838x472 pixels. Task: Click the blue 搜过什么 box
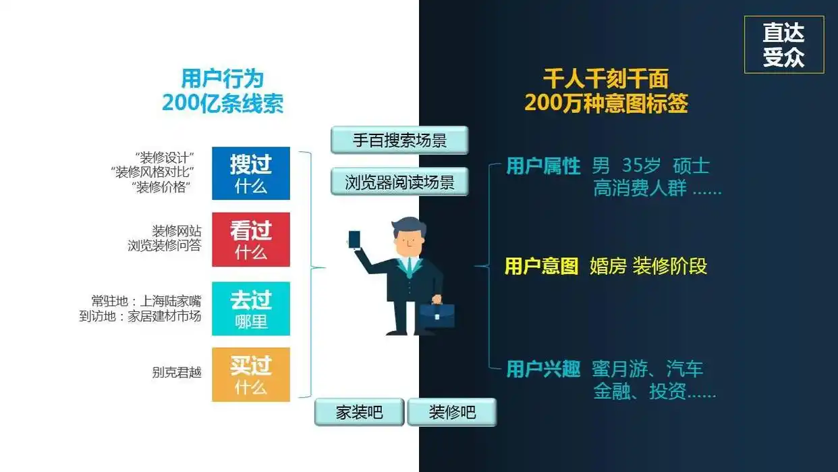click(x=251, y=174)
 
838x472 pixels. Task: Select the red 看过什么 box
click(x=251, y=240)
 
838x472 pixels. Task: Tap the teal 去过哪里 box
click(x=251, y=309)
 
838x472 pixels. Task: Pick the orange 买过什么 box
click(x=251, y=375)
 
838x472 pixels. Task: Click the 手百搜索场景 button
click(x=399, y=140)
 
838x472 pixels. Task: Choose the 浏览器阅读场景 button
click(x=399, y=182)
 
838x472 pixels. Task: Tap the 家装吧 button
click(x=359, y=412)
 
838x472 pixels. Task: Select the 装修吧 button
click(x=451, y=412)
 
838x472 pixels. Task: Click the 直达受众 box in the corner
click(x=783, y=45)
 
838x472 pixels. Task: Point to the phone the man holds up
click(x=354, y=240)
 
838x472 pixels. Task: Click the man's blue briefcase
click(x=437, y=315)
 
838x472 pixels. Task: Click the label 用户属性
click(x=543, y=166)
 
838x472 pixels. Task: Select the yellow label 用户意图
click(x=541, y=266)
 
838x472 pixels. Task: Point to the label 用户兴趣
click(x=543, y=369)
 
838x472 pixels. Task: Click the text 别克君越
click(x=177, y=372)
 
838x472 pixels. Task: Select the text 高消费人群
click(x=640, y=188)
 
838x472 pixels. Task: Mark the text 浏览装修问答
click(x=164, y=246)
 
